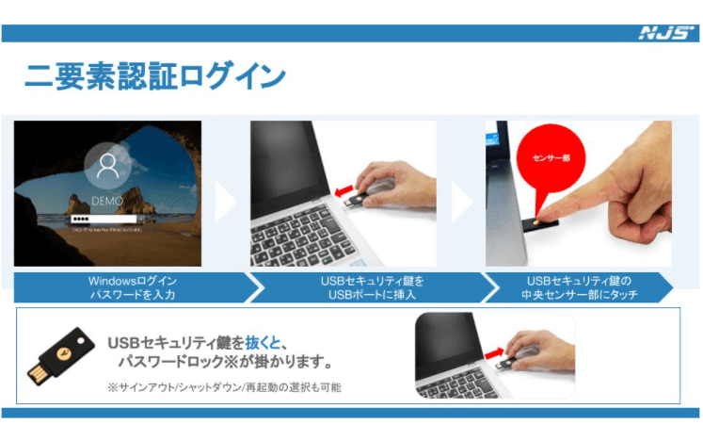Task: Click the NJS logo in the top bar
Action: click(x=666, y=33)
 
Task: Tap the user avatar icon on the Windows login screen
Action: click(x=105, y=170)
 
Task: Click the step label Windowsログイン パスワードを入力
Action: click(x=132, y=287)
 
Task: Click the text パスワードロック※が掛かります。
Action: click(x=225, y=363)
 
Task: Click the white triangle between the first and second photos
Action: click(x=226, y=200)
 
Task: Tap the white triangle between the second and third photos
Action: click(x=461, y=200)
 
